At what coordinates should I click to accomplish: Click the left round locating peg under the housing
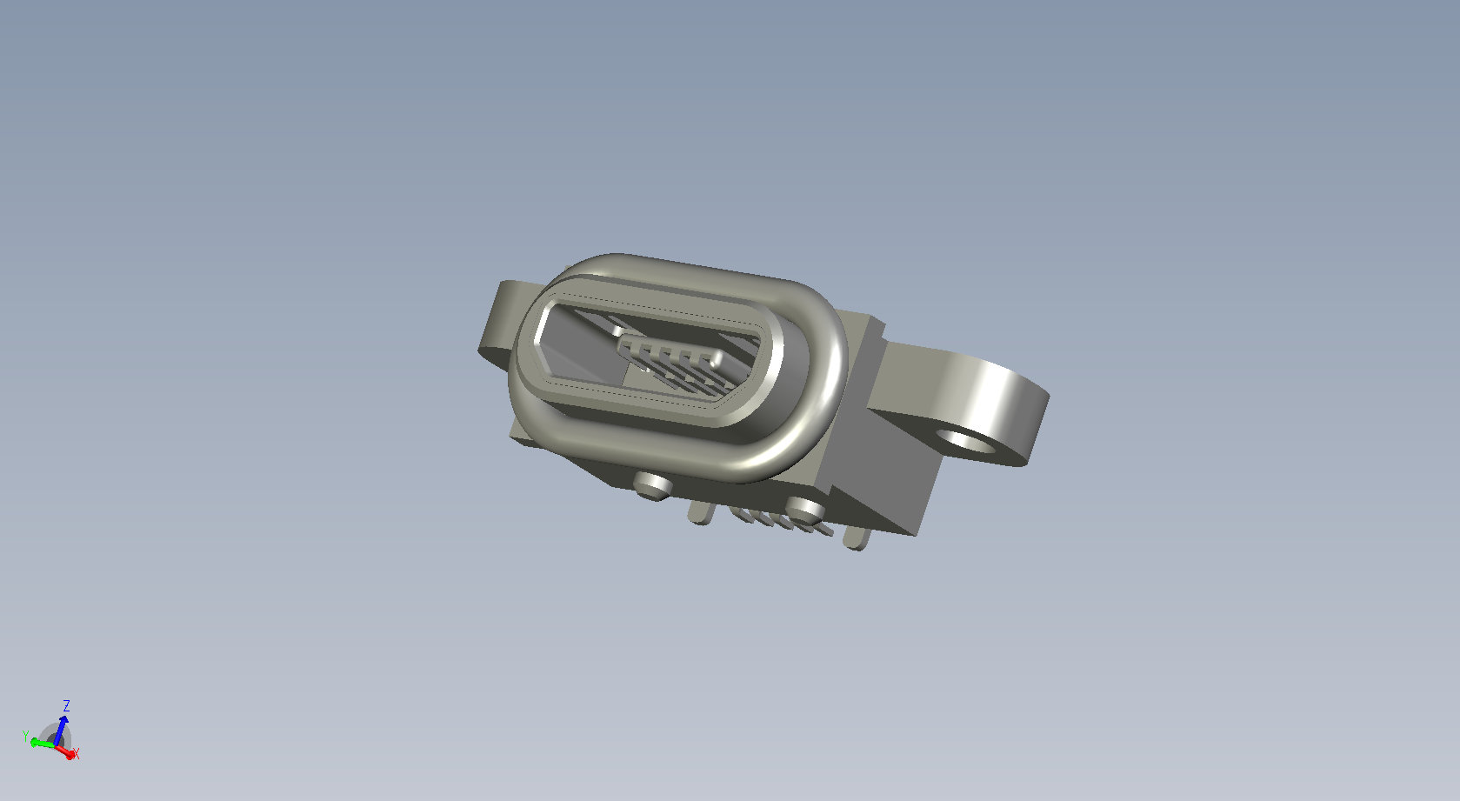click(652, 485)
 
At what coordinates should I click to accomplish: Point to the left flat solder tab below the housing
click(702, 512)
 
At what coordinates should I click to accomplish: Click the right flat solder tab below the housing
click(857, 538)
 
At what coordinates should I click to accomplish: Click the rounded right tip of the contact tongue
click(717, 359)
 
